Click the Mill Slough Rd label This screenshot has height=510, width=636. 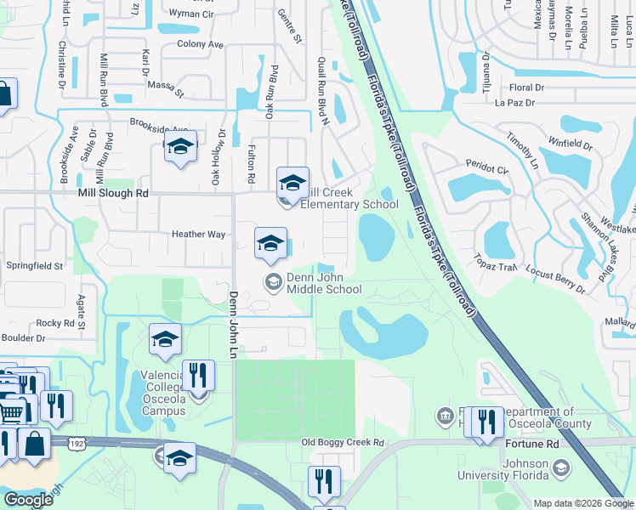tap(112, 194)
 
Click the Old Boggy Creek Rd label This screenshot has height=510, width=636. tap(344, 443)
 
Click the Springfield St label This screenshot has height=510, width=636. tap(35, 266)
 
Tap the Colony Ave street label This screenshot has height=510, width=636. tap(200, 44)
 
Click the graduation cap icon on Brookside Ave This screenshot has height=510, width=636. tap(179, 148)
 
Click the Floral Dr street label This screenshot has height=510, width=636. tap(526, 88)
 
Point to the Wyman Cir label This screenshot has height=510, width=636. tap(190, 14)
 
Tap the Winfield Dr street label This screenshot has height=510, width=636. tap(570, 144)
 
